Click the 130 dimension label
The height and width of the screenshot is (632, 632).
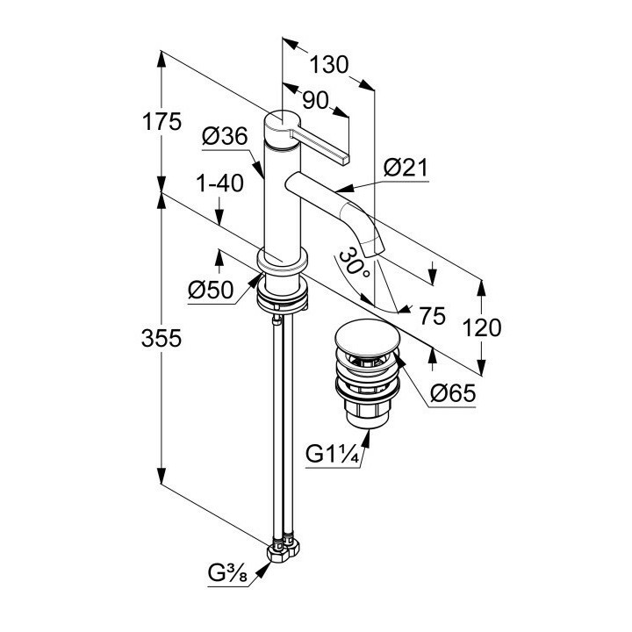[x=330, y=65]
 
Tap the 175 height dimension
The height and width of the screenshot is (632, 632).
[x=162, y=123]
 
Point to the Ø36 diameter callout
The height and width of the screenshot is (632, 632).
[x=222, y=136]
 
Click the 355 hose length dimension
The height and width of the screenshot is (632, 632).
[x=162, y=338]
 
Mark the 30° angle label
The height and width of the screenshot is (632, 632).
[x=353, y=262]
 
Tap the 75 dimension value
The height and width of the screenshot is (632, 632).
[x=432, y=314]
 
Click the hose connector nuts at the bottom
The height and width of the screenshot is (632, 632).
[x=285, y=549]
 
